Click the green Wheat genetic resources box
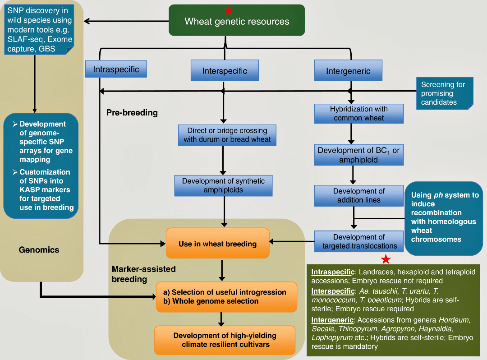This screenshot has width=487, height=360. [x=237, y=21]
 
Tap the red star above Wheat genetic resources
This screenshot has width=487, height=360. [x=230, y=10]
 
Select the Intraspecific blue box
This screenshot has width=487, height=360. [x=116, y=69]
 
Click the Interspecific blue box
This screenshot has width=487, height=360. [x=225, y=71]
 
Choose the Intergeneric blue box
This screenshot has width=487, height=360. [x=348, y=71]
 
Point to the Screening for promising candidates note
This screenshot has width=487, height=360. [x=444, y=93]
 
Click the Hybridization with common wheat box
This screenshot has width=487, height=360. [x=358, y=114]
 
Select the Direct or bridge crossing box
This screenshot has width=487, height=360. [x=227, y=135]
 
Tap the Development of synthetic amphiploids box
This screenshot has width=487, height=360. [x=224, y=185]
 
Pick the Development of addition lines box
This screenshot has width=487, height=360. [x=359, y=195]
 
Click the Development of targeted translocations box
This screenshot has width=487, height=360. [x=359, y=241]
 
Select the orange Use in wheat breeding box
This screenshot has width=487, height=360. [x=217, y=244]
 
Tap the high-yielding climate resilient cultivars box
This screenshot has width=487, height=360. [x=225, y=340]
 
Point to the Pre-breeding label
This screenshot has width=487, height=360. [x=132, y=112]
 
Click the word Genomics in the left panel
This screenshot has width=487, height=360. [x=39, y=249]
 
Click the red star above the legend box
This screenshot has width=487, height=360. [x=386, y=259]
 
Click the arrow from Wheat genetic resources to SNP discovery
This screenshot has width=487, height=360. [x=126, y=21]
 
